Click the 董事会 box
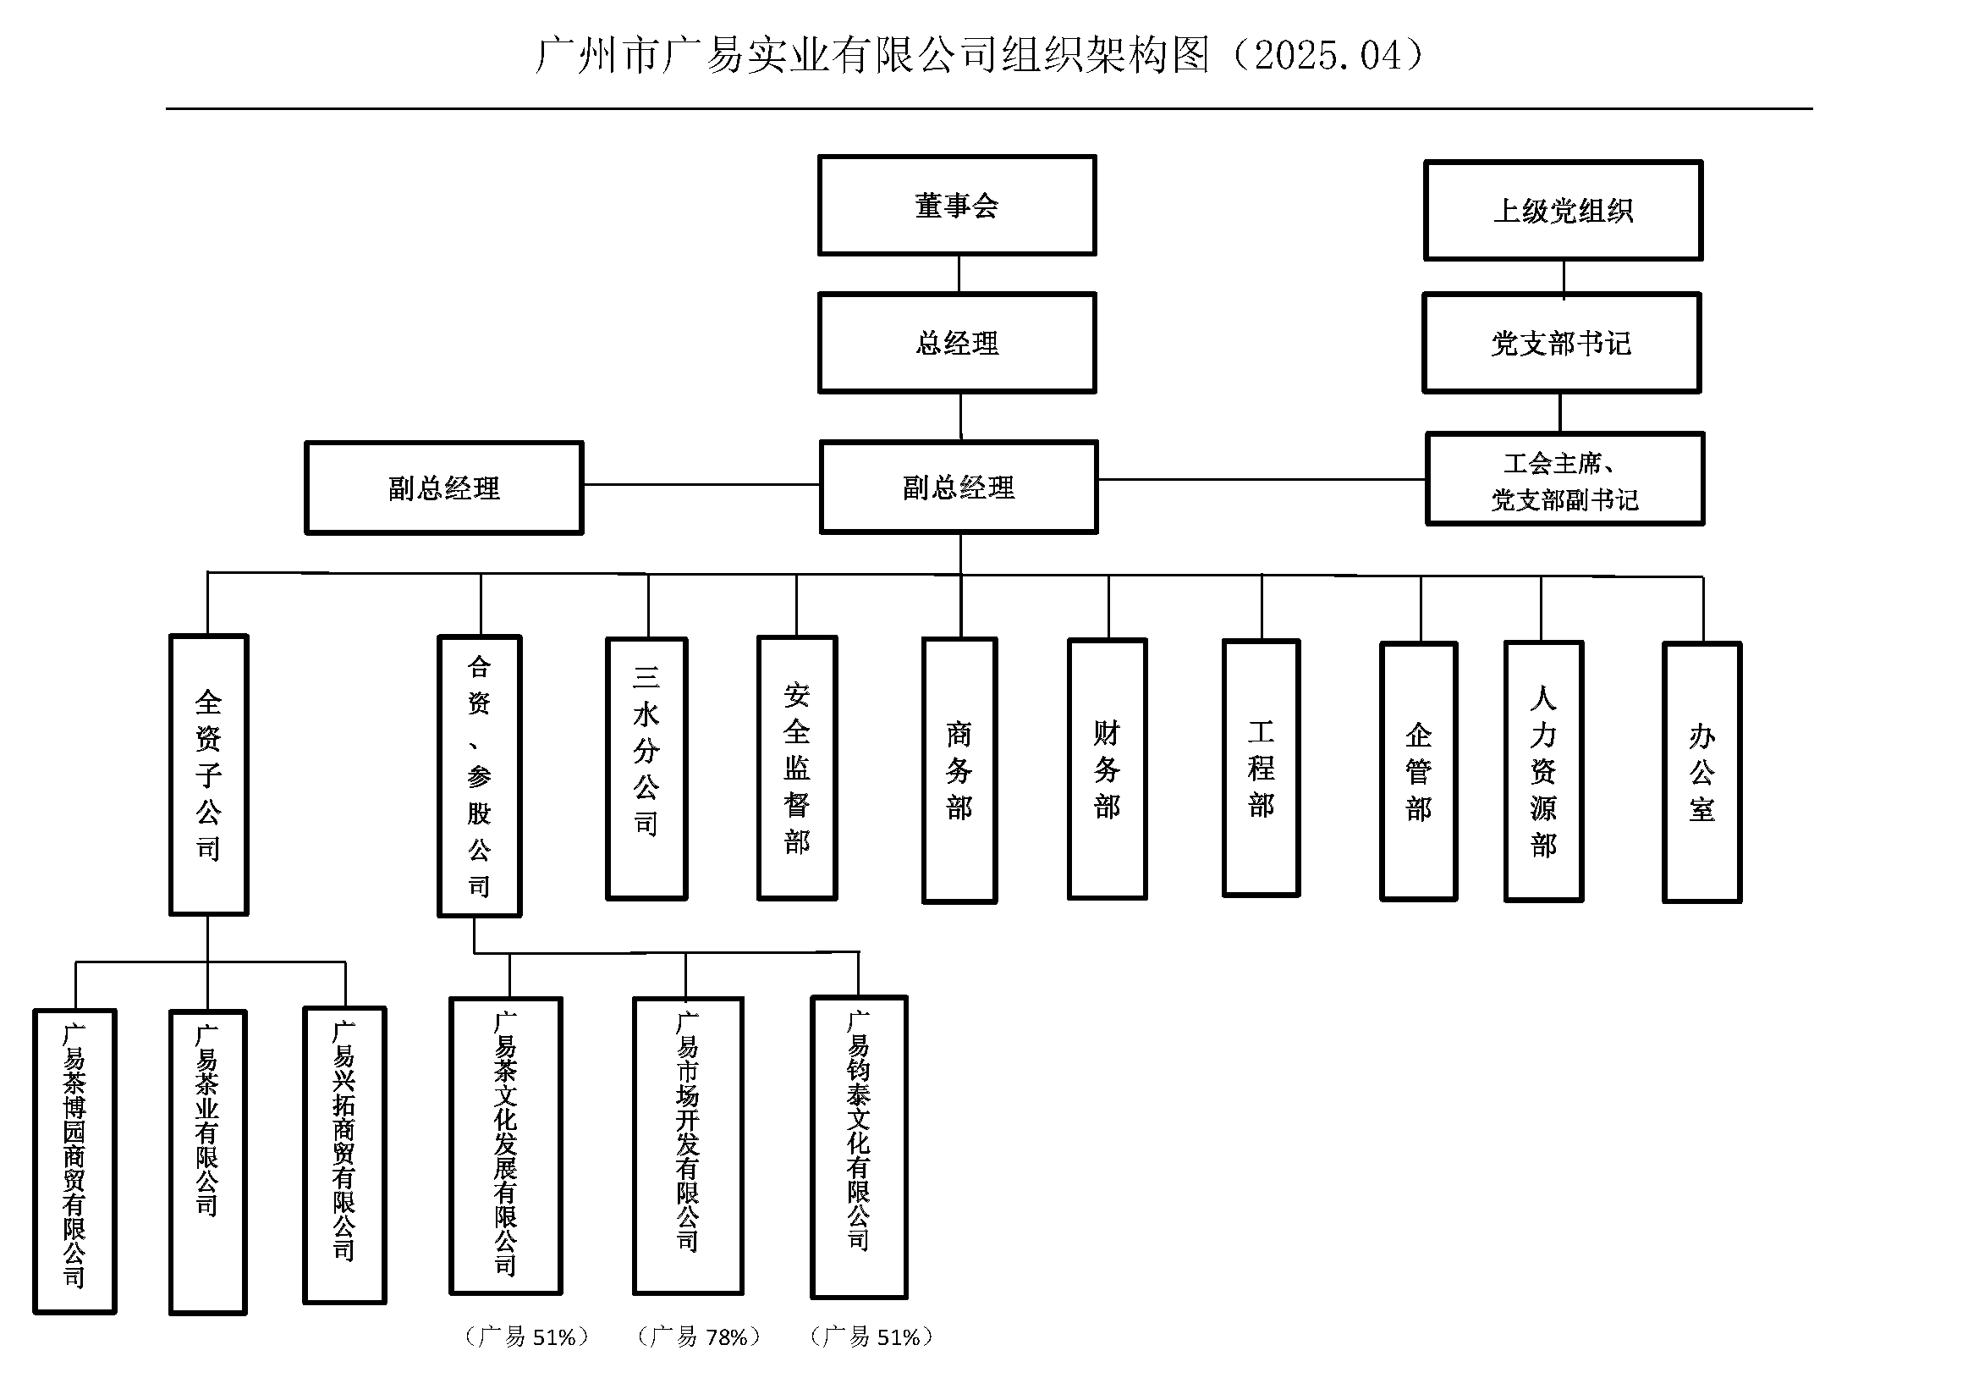point(957,205)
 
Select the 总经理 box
point(957,343)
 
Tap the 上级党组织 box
point(1563,211)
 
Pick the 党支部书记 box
point(1561,343)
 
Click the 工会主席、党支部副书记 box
point(1564,479)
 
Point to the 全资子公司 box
point(209,774)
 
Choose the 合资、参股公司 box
point(479,776)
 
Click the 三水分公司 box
point(646,769)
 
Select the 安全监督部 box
point(797,768)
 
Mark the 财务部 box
point(1107,769)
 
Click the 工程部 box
point(1261,768)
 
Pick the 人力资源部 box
point(1544,772)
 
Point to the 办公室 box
point(1701,773)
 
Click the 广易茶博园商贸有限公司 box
point(75,1161)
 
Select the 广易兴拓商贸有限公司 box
point(344,1155)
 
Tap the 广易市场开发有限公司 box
point(688,1146)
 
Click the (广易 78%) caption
point(699,1337)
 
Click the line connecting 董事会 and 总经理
point(959,274)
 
